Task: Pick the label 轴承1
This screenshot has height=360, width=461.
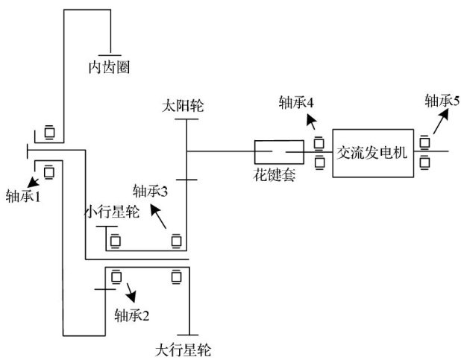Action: click(x=23, y=198)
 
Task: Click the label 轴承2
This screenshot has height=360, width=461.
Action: click(x=132, y=314)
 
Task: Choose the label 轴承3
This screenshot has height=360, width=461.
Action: click(x=151, y=191)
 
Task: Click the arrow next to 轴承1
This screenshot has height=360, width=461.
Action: click(x=33, y=181)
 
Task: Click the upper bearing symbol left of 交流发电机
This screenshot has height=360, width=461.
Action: click(x=319, y=142)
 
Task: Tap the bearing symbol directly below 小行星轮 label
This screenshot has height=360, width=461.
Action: click(x=116, y=241)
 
